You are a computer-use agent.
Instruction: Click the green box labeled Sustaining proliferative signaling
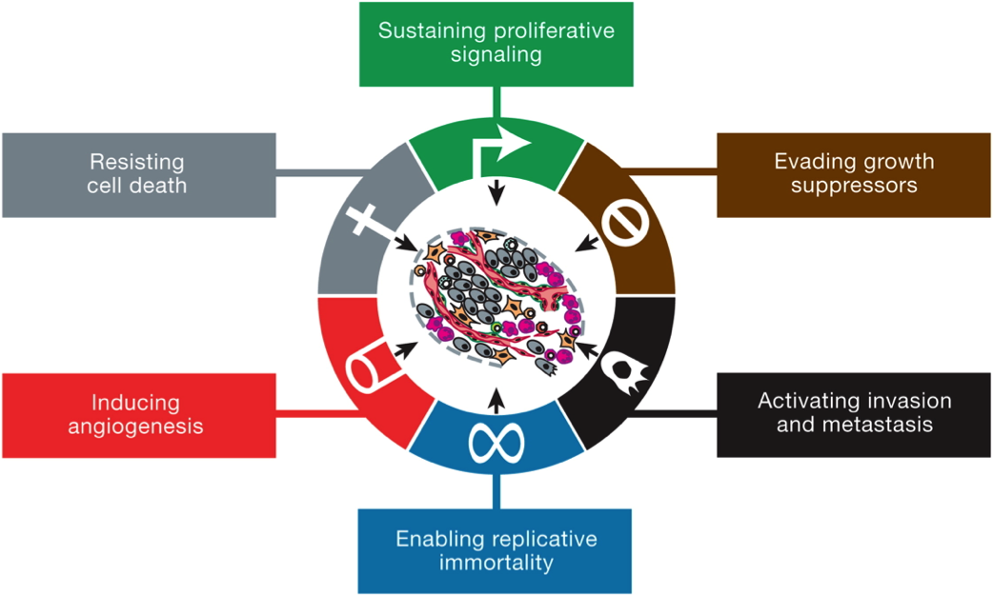(496, 44)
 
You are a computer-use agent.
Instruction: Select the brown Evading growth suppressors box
(854, 175)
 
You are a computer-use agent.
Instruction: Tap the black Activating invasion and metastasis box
(854, 414)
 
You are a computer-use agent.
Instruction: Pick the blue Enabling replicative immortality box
(495, 551)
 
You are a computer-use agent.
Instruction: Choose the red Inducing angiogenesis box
(139, 415)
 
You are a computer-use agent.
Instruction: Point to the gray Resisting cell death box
(139, 175)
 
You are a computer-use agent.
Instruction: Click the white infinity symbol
(496, 443)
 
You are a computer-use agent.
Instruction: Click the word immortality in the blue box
(496, 563)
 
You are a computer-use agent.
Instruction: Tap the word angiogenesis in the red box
(135, 427)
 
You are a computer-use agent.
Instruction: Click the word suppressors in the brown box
(854, 186)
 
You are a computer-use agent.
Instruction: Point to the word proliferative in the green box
(559, 31)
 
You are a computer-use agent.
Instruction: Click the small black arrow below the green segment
(497, 192)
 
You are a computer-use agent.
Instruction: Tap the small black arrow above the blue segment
(497, 401)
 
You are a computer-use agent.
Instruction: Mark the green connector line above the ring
(496, 103)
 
